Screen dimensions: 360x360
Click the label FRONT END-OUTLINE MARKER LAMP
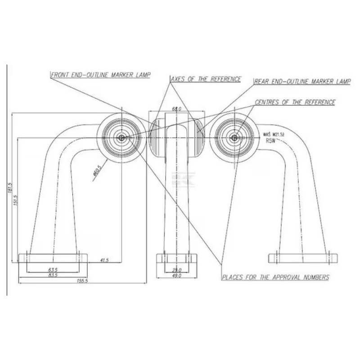click(x=100, y=75)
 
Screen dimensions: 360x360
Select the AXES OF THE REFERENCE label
click(x=206, y=79)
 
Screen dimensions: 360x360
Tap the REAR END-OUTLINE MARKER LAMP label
click(x=302, y=81)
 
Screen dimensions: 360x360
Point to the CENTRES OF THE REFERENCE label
click(x=295, y=102)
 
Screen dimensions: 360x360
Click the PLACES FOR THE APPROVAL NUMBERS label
click(x=275, y=277)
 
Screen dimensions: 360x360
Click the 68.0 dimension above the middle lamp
click(x=177, y=109)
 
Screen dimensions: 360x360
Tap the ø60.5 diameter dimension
click(x=97, y=171)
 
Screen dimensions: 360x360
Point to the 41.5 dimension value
click(x=104, y=260)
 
